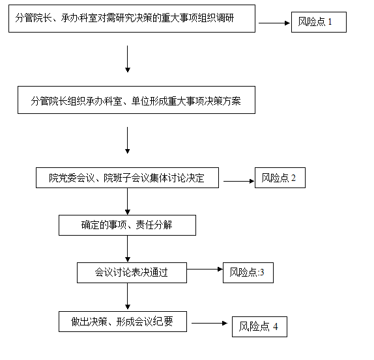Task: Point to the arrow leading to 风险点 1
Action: (x=274, y=23)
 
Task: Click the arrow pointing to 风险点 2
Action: (x=238, y=182)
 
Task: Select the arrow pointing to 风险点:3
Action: (x=205, y=270)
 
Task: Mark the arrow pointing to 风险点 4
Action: (x=209, y=324)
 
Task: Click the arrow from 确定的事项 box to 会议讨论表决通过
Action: (x=127, y=249)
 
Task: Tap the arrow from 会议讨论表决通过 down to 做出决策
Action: (x=127, y=296)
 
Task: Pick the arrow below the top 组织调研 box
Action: (x=127, y=59)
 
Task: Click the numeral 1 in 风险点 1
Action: (x=330, y=22)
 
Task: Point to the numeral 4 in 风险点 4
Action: (x=276, y=327)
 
